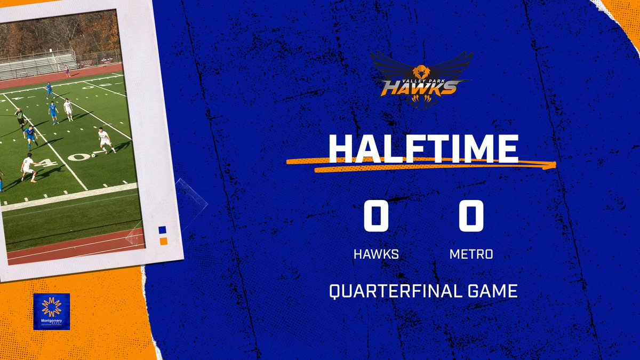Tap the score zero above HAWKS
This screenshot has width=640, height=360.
click(x=376, y=216)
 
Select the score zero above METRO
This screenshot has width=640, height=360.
click(x=471, y=216)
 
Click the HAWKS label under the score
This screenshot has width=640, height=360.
click(x=376, y=254)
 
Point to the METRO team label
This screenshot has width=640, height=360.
click(x=471, y=254)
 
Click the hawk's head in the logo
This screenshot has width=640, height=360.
click(x=421, y=71)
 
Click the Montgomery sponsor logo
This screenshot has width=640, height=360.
click(x=51, y=311)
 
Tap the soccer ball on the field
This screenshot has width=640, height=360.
click(x=93, y=155)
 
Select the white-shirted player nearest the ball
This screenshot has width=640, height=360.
click(x=105, y=140)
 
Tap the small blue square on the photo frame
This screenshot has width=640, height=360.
click(x=163, y=230)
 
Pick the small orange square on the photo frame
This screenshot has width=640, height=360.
click(x=163, y=242)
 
